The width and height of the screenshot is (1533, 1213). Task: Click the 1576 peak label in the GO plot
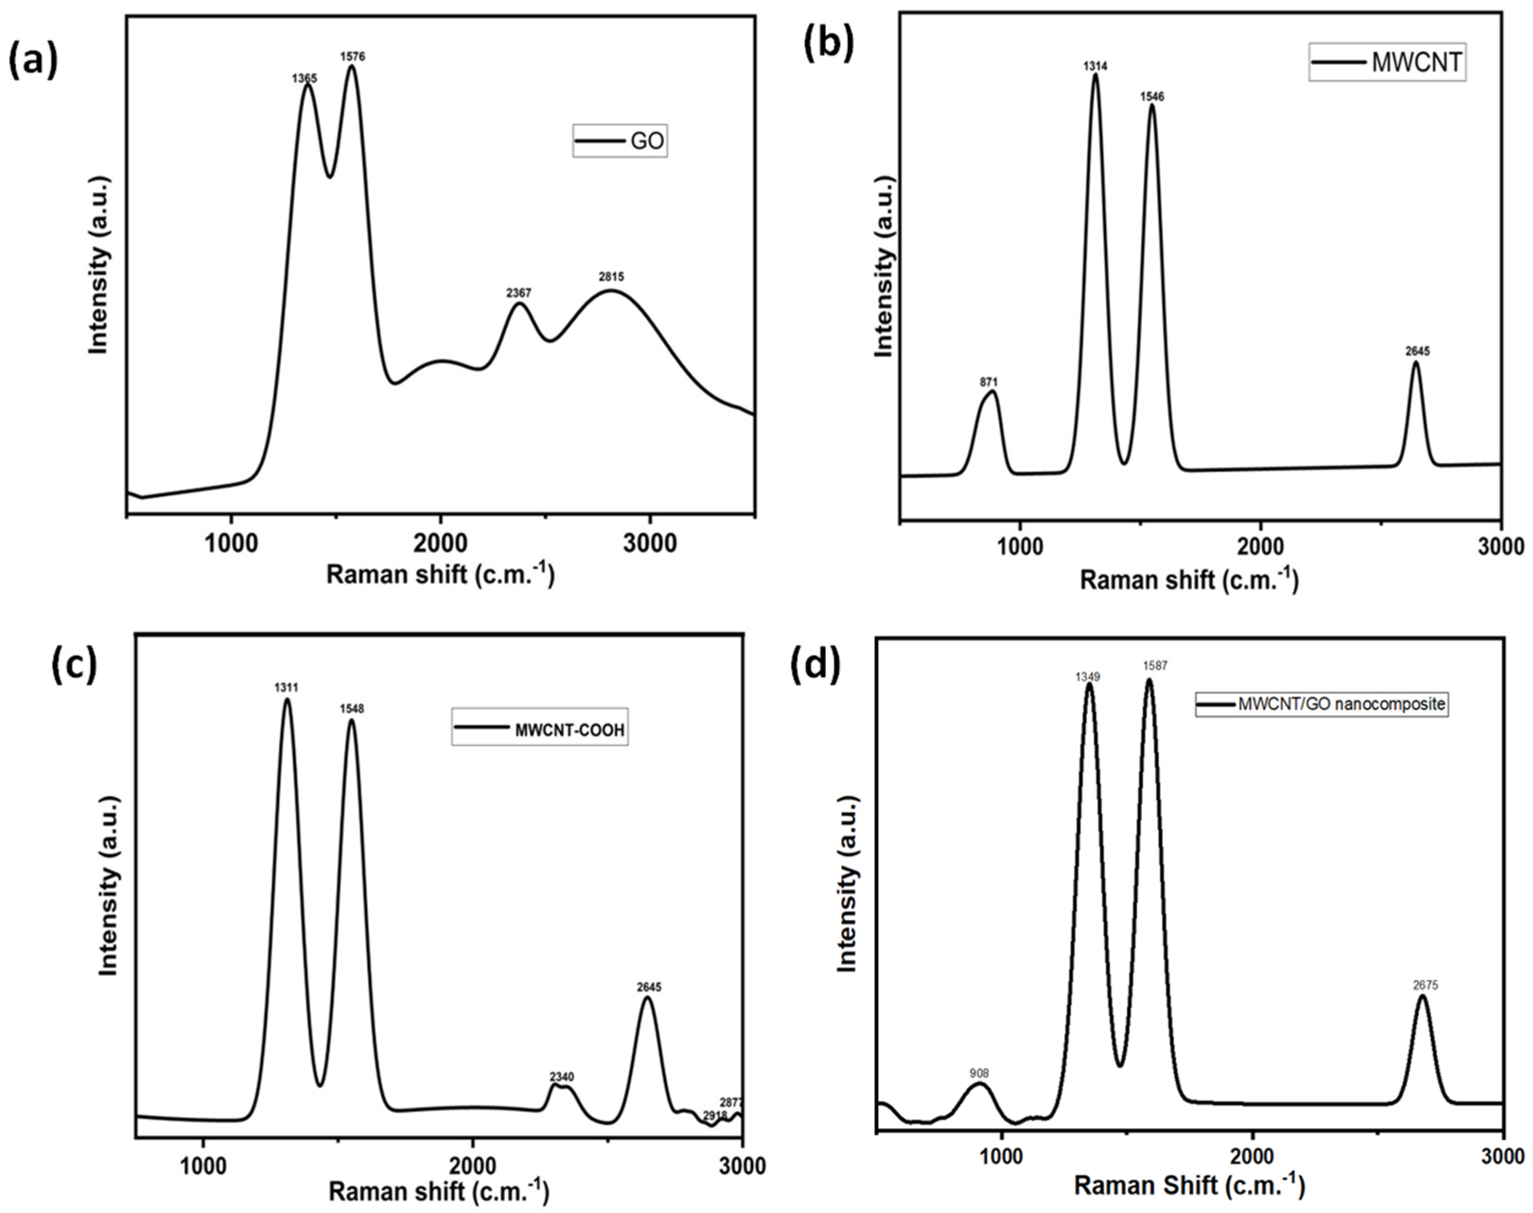(x=353, y=57)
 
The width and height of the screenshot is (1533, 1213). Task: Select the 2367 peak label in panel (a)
(x=518, y=292)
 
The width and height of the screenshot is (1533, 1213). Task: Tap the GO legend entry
(x=620, y=141)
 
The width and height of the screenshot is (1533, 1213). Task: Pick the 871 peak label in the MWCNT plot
(x=989, y=382)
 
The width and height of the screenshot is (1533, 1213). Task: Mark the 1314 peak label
(x=1095, y=66)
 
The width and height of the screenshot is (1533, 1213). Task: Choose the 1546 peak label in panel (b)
(x=1152, y=97)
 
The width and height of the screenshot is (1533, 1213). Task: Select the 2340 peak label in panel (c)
(x=561, y=1077)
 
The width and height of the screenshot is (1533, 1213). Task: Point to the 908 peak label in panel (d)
(x=979, y=1074)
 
